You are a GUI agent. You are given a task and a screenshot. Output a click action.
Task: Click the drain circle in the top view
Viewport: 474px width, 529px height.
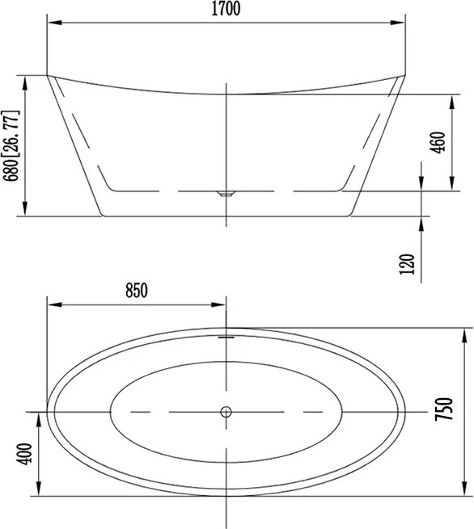pos(226,412)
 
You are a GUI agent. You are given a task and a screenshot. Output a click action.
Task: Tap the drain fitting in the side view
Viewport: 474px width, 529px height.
pos(226,193)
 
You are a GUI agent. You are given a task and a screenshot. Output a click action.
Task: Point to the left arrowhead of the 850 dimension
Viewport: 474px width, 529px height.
pos(53,304)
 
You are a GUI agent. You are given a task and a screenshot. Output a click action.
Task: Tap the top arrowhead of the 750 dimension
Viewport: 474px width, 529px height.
pos(465,332)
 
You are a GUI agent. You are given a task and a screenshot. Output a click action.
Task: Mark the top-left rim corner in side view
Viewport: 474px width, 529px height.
pos(49,76)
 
